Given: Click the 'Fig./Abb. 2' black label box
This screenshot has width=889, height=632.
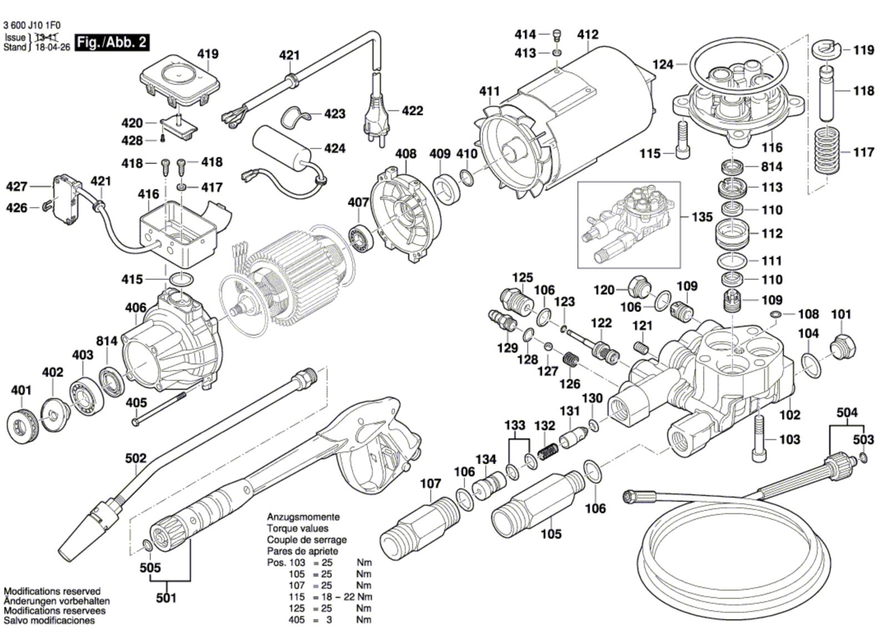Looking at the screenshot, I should click(112, 42).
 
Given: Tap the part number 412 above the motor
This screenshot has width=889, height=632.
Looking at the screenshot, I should click(588, 34).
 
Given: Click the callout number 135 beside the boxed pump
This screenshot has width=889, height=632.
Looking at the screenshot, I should click(702, 217).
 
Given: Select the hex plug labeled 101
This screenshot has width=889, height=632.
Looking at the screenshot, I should click(842, 347).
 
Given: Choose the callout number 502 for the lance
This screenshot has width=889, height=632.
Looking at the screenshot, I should click(136, 459).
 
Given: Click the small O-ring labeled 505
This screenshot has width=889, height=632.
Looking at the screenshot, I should click(147, 544).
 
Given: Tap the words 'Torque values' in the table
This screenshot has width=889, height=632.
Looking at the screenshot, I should click(297, 529).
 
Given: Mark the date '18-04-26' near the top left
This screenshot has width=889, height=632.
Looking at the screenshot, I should click(52, 48).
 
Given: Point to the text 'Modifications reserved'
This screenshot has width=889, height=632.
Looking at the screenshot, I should click(52, 591).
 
